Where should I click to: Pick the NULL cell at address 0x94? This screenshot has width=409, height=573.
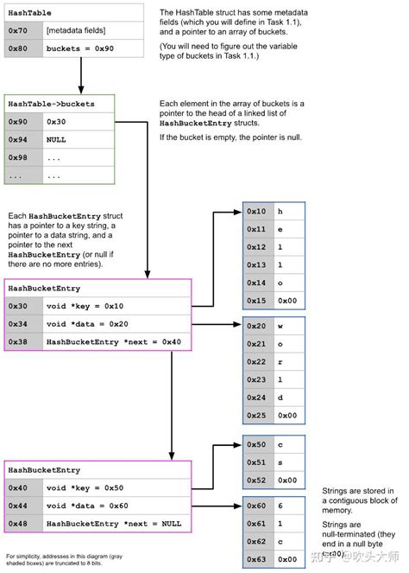coord(77,139)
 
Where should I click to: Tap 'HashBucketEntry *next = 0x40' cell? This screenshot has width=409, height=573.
coord(113,341)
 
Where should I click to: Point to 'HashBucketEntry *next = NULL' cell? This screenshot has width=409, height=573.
coord(113,524)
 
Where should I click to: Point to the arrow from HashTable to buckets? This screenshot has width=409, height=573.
coord(79,76)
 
